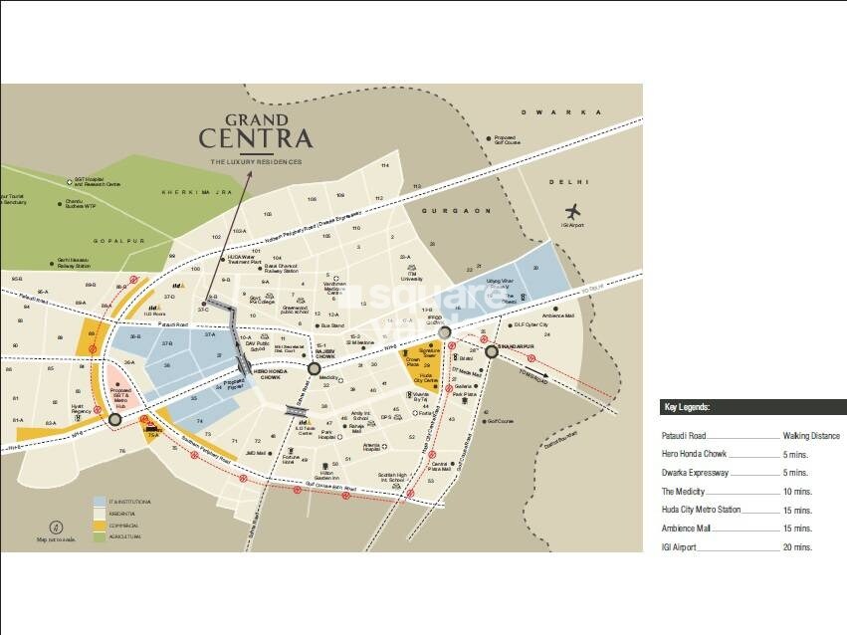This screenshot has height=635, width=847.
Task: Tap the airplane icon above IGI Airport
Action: (x=572, y=211)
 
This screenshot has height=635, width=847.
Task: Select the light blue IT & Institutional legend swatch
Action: (x=99, y=502)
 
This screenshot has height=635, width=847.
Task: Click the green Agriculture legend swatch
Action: (x=99, y=537)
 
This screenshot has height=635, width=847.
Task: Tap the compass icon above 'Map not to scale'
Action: (x=56, y=528)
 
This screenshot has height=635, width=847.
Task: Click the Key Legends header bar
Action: (x=753, y=407)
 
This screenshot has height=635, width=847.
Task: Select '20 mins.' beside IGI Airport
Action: (x=796, y=547)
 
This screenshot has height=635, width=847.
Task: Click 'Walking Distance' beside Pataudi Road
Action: (x=810, y=436)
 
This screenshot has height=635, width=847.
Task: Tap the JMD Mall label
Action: (x=256, y=453)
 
